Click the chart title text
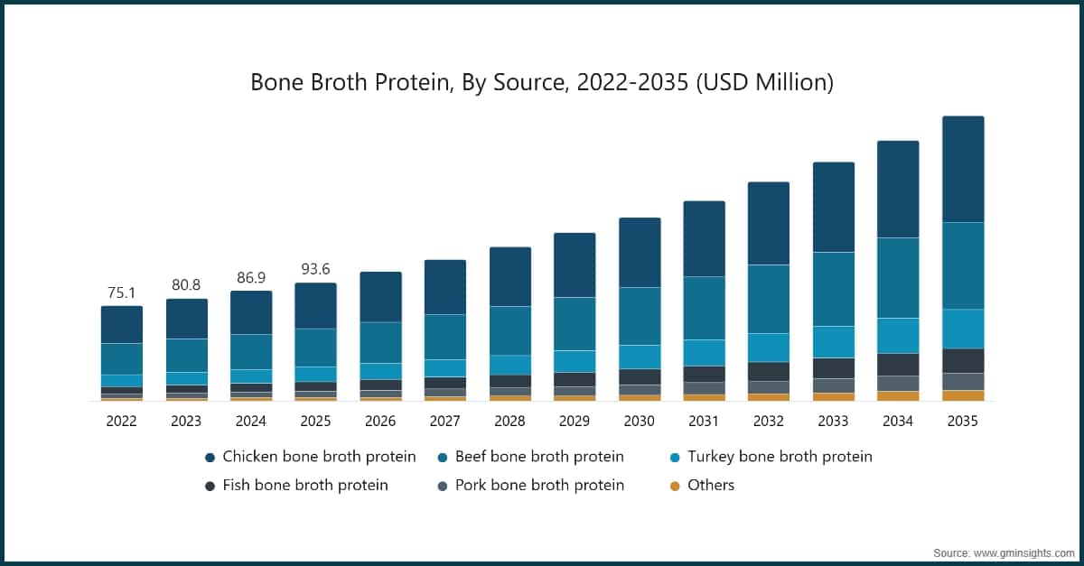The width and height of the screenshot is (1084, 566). [x=541, y=83]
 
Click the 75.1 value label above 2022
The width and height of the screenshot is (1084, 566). [x=121, y=292]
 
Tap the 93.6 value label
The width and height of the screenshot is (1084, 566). [x=315, y=270]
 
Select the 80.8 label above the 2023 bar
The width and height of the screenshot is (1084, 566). [x=186, y=285]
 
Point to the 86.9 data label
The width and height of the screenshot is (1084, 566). [x=250, y=277]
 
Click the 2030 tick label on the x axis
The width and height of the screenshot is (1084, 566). [x=639, y=422]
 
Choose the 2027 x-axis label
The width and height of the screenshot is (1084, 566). [x=444, y=422]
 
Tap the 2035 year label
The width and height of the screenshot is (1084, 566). [x=962, y=422]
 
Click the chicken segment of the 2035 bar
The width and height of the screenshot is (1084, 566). [x=963, y=169]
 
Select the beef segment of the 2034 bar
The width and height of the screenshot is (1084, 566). [x=898, y=277]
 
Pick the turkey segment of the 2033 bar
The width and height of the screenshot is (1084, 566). [x=833, y=341]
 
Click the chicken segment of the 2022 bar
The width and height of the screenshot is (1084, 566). [x=121, y=324]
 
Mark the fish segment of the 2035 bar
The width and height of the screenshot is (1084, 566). [x=963, y=360]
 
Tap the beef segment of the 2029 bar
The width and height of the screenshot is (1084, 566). [x=575, y=323]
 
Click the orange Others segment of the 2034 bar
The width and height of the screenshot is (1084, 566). [x=898, y=395]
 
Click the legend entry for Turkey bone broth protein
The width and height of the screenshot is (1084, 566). [x=780, y=457]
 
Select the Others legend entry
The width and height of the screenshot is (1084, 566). [x=711, y=486]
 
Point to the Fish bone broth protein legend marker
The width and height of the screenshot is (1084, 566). [x=210, y=486]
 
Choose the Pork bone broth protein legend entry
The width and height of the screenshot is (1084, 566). [x=539, y=486]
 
